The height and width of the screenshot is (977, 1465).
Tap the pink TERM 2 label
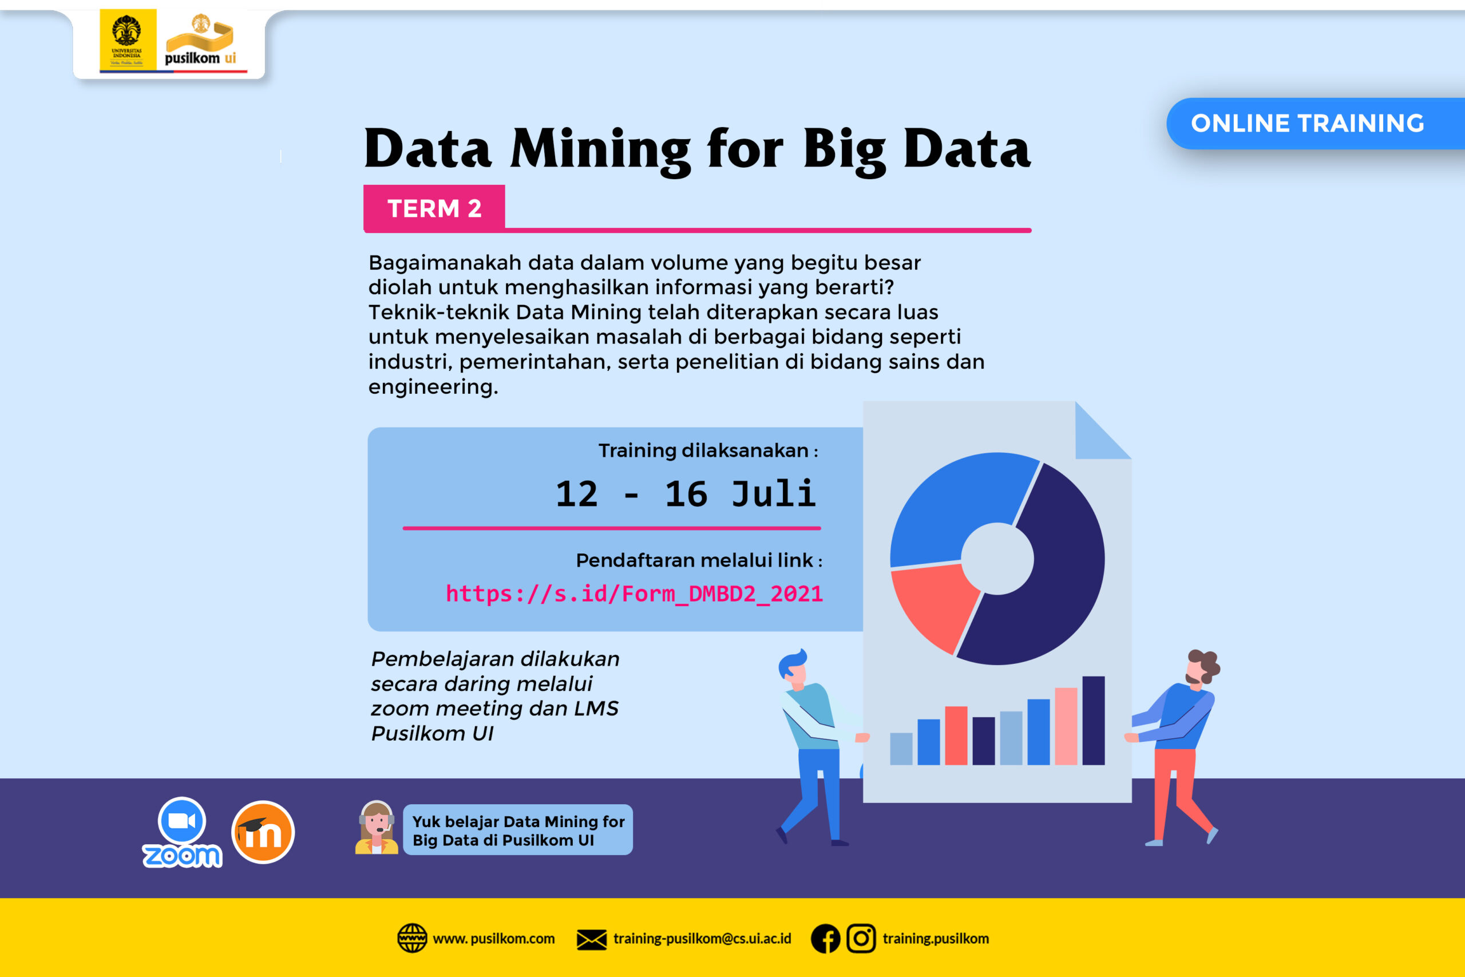(434, 208)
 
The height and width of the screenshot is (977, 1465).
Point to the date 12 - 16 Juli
(686, 494)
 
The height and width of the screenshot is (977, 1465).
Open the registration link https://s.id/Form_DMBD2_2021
(634, 593)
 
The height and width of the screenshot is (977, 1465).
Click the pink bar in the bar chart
(1066, 726)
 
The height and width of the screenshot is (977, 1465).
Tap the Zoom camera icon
(182, 821)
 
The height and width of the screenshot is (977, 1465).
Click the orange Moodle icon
(263, 832)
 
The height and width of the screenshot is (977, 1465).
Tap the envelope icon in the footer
(591, 940)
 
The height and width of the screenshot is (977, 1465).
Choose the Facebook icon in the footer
(825, 939)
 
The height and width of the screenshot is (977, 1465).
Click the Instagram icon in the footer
(861, 938)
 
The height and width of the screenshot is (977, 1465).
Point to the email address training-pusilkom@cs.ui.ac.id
(702, 939)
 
